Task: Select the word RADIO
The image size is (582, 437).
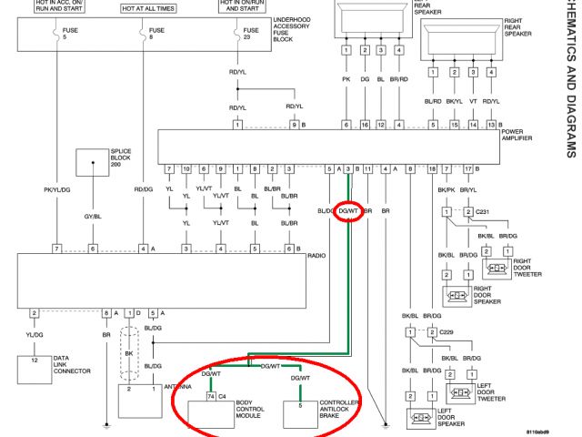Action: [x=316, y=258]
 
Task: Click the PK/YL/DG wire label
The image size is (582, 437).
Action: [x=57, y=189]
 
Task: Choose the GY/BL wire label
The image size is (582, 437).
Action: [x=92, y=217]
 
